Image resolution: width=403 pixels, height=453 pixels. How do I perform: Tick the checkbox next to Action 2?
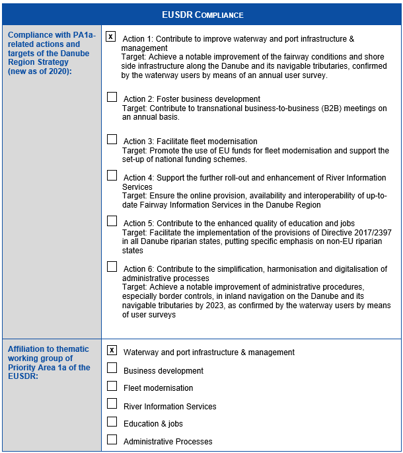[112, 97]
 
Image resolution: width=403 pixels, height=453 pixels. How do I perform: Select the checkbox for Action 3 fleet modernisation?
[112, 140]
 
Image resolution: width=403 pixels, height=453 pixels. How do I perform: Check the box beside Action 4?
[112, 176]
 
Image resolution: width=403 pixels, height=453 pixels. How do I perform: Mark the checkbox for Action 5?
[112, 222]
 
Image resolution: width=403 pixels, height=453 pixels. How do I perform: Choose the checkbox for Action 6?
[112, 267]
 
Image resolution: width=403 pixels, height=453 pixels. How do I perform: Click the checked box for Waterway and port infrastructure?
[112, 350]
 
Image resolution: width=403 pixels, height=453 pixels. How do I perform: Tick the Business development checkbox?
[112, 368]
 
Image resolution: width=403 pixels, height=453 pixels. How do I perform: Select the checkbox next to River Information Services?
[112, 404]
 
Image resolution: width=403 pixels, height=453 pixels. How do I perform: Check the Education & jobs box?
[112, 422]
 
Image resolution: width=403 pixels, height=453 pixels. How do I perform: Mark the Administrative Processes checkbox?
[112, 440]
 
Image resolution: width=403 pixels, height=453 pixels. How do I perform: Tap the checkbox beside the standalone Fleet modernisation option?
[112, 386]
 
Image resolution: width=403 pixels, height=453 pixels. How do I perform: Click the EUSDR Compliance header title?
[202, 14]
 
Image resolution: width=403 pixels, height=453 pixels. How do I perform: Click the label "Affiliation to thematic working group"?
[50, 354]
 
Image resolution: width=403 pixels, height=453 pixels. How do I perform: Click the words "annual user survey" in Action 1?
[274, 76]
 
